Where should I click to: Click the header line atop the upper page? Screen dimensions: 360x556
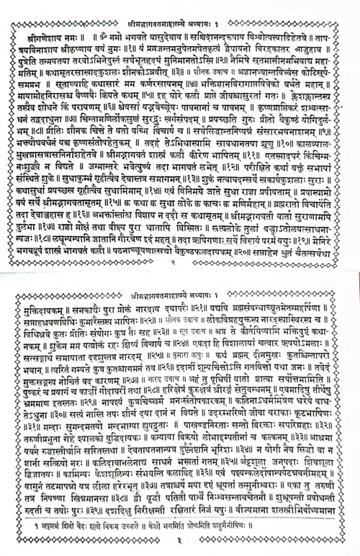[x=179, y=7]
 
